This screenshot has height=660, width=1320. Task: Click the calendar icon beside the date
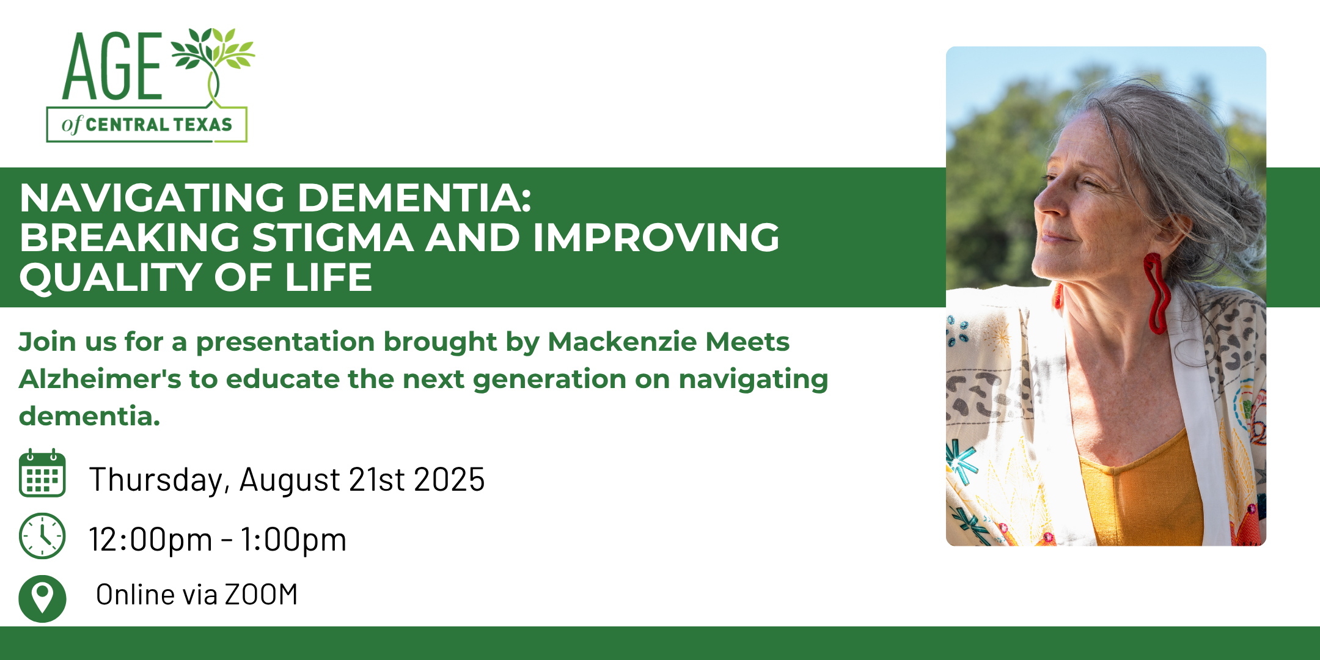pyautogui.click(x=42, y=472)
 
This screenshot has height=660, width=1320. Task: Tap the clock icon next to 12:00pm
pyautogui.click(x=42, y=536)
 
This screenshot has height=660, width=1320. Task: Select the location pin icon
pyautogui.click(x=42, y=598)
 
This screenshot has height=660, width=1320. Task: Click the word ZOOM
pyautogui.click(x=261, y=595)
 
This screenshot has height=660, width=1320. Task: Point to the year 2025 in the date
pyautogui.click(x=449, y=480)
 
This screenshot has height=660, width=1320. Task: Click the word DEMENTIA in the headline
pyautogui.click(x=414, y=198)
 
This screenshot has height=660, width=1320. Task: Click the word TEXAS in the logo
pyautogui.click(x=200, y=125)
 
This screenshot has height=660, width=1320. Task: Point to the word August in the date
pyautogui.click(x=290, y=480)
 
